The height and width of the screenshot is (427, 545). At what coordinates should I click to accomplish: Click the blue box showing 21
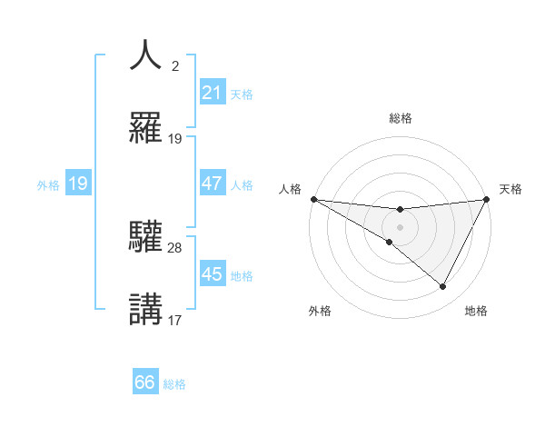click(212, 93)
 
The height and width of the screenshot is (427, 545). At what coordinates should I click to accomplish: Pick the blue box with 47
click(212, 184)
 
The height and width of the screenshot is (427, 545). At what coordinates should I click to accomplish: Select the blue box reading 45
click(212, 274)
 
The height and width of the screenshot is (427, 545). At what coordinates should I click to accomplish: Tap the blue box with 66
click(145, 382)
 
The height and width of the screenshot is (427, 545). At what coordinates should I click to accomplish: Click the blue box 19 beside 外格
click(78, 184)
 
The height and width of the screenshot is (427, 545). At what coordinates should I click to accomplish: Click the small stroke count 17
click(175, 320)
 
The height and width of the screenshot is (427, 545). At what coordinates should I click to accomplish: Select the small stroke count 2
click(174, 65)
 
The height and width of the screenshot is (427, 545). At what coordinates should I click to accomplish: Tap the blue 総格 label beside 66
click(174, 384)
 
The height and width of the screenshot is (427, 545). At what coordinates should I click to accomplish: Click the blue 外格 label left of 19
click(48, 184)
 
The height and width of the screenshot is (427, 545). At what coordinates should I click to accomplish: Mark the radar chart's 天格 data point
click(487, 199)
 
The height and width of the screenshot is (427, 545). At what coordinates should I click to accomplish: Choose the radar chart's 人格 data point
click(313, 199)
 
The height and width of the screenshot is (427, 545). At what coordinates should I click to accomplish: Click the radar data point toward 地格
click(443, 287)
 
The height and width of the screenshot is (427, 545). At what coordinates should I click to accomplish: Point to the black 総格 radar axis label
click(401, 118)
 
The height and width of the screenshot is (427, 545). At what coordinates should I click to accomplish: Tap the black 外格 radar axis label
click(320, 311)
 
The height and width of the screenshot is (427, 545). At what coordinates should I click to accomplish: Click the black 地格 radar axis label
click(476, 311)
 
